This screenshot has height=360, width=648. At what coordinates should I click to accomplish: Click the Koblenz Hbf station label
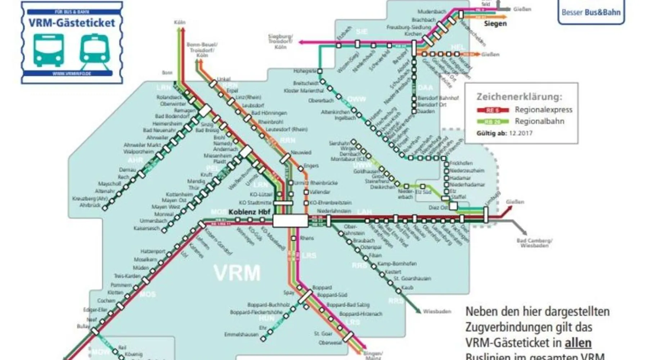249,212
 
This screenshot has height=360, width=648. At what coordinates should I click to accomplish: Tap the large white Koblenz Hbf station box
290,220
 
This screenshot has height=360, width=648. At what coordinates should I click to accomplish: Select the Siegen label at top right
495,24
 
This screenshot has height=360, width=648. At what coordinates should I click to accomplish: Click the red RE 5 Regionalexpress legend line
492,110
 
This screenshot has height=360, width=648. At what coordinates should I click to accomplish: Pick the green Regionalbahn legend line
492,122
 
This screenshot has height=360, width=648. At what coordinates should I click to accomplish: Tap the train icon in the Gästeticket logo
94,50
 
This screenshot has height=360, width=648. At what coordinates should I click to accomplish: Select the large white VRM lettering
237,273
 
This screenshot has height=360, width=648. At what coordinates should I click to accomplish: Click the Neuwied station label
301,153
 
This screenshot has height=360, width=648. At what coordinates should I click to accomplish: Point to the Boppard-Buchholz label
268,305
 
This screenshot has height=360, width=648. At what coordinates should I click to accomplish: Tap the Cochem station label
106,301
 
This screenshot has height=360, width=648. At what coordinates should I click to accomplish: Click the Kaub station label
407,287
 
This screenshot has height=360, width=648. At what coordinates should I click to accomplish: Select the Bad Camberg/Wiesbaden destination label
534,243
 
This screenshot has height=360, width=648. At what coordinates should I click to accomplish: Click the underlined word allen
578,343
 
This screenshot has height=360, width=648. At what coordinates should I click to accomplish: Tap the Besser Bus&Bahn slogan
591,13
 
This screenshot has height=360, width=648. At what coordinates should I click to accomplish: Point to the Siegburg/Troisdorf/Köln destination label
280,41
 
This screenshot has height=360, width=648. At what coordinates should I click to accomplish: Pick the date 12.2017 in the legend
521,133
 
